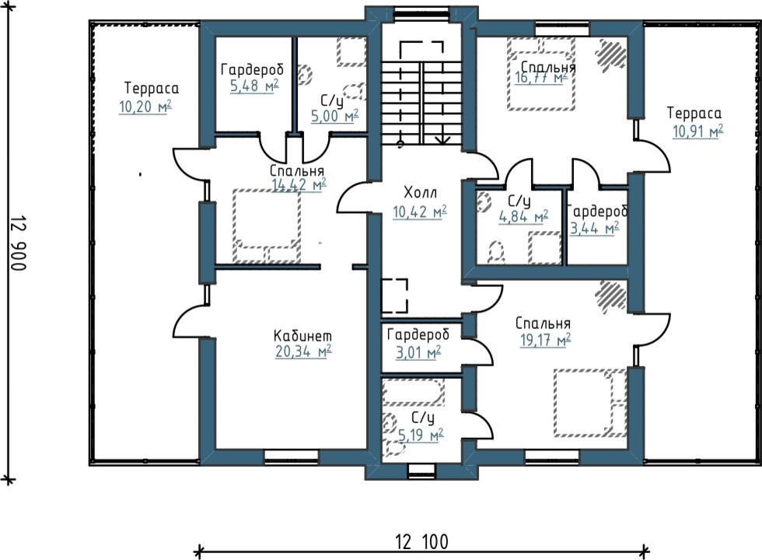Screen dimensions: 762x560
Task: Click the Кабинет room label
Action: point(302,335)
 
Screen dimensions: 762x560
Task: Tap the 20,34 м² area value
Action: point(303,351)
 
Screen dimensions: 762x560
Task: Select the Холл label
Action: point(421,193)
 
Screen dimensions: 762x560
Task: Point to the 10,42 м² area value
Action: point(420,212)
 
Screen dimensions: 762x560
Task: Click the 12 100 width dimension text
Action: point(421,541)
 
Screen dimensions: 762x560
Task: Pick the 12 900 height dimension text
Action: point(17,243)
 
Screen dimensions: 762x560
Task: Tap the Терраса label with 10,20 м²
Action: point(152,88)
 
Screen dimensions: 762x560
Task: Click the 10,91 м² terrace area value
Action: point(697,131)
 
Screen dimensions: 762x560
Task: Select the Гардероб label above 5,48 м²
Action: point(252,70)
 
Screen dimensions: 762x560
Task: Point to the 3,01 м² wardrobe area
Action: point(418,352)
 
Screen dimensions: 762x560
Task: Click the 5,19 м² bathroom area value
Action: point(421,435)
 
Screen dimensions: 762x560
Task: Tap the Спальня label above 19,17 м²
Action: point(543,324)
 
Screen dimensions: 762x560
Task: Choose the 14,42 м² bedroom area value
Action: point(299,185)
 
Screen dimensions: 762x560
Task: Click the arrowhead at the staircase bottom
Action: point(442,140)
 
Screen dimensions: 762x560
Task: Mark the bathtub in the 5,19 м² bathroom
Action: point(414,392)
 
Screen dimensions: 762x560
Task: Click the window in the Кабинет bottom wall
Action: point(291,457)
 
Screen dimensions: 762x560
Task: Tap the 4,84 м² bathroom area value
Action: point(523,217)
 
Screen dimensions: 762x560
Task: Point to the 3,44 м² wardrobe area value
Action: point(594,228)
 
